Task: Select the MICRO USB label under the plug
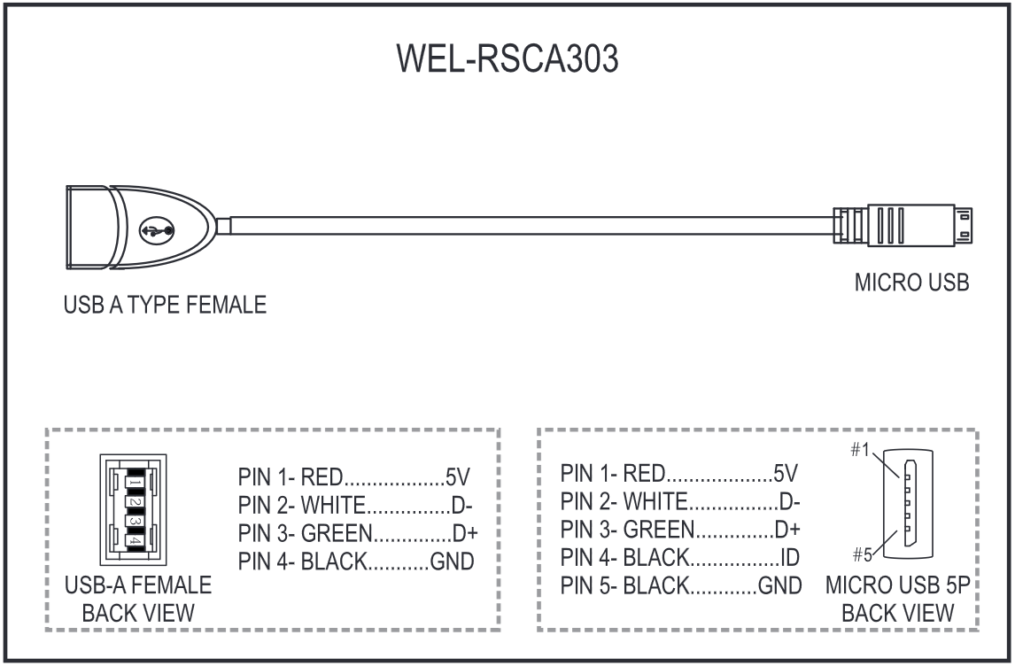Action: (x=911, y=283)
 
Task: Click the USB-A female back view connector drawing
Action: (x=132, y=509)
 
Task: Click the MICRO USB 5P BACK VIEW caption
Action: (x=898, y=599)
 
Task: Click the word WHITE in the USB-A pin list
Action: (x=333, y=506)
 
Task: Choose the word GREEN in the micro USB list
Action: (x=656, y=529)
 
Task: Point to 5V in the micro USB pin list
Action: (x=786, y=473)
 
